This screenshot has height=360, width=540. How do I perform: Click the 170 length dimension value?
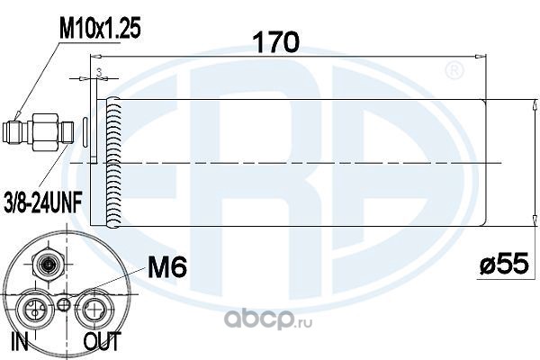[276, 41]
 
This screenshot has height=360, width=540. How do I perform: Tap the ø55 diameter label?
[504, 264]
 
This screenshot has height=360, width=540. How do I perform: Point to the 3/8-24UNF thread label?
[42, 205]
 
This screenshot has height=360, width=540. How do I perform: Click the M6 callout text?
[167, 267]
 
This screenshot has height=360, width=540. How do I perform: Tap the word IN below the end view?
[20, 341]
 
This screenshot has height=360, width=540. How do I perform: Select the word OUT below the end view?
[103, 341]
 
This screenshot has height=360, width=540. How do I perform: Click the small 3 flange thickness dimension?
[99, 72]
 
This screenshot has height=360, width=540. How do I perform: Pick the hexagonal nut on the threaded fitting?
[44, 133]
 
